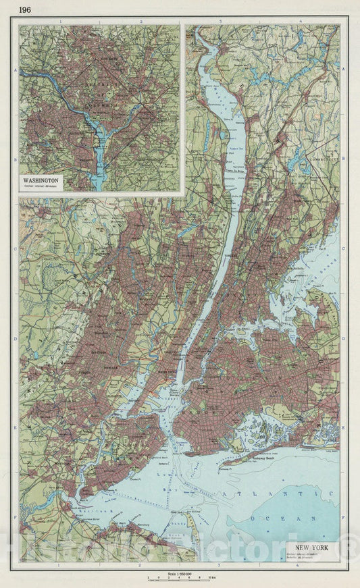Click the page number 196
pos(24,9)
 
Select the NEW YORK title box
pos(313,547)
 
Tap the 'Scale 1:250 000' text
pos(178,572)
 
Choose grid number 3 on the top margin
pos(221,22)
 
